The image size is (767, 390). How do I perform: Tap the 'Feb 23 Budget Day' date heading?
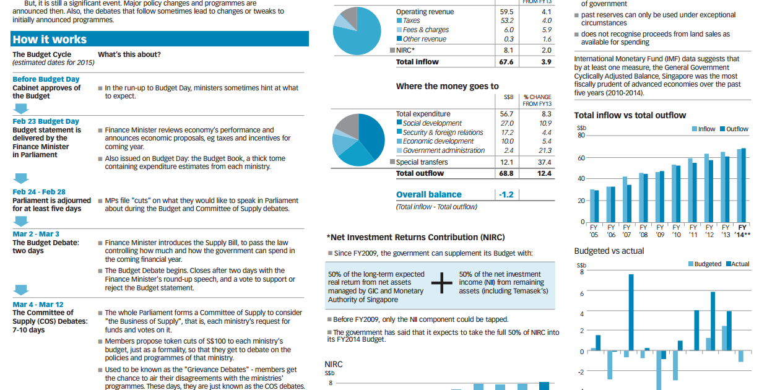click(x=46, y=121)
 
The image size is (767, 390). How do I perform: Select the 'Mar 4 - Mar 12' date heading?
click(x=38, y=305)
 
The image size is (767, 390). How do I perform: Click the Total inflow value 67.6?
click(x=506, y=62)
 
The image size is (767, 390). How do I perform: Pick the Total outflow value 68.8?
click(x=506, y=173)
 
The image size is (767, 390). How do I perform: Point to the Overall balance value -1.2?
click(x=506, y=194)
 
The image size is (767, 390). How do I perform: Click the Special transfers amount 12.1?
click(x=507, y=162)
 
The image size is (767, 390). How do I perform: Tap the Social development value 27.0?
click(x=507, y=123)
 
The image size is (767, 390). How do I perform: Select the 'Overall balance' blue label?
click(x=428, y=194)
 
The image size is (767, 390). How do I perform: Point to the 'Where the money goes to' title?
click(x=447, y=86)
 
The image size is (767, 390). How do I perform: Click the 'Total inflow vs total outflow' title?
click(x=630, y=115)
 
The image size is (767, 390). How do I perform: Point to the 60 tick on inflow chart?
click(x=581, y=158)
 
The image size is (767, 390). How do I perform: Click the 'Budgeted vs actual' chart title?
click(x=609, y=251)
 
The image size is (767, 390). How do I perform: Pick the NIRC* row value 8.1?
click(x=508, y=50)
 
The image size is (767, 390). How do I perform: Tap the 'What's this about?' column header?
click(x=129, y=54)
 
